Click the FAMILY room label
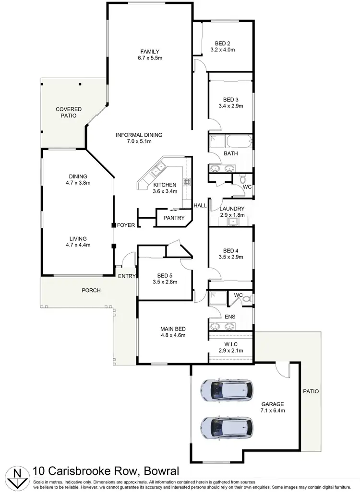point(150,52)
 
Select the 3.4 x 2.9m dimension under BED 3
point(230,106)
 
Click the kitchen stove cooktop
point(187,181)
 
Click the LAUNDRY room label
point(232,209)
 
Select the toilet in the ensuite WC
point(247,299)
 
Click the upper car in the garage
point(228,390)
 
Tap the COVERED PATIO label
point(69,113)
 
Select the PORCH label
point(91,291)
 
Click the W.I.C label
point(231,344)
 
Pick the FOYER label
point(126,225)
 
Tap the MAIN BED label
point(173,329)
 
